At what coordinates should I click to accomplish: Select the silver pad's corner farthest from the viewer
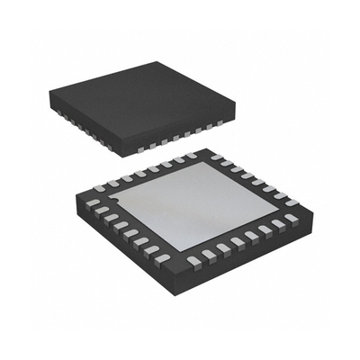[x=200, y=164]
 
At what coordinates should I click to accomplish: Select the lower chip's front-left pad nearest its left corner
[x=94, y=204]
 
